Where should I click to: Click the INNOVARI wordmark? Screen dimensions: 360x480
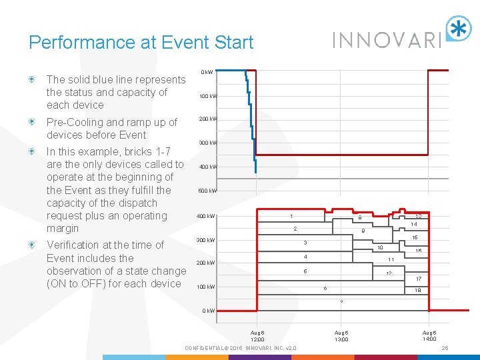click(x=387, y=39)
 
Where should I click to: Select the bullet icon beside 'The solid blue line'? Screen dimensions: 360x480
click(x=31, y=80)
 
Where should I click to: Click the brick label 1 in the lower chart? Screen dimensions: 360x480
click(x=291, y=216)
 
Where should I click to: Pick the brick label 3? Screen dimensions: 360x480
click(x=305, y=242)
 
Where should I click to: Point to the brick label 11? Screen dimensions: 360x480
click(x=391, y=259)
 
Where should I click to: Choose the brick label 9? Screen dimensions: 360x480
click(x=363, y=231)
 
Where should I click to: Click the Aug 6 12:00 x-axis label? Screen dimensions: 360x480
click(x=257, y=335)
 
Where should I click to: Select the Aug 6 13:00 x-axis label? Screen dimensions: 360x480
click(x=341, y=335)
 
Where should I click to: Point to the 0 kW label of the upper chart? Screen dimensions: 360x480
click(x=207, y=72)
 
